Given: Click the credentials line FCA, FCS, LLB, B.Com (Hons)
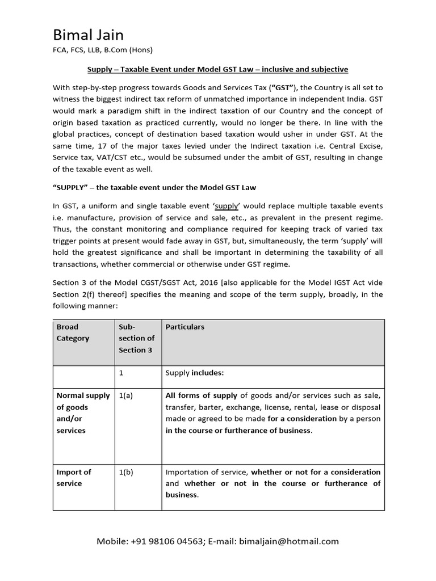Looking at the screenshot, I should click(x=102, y=49).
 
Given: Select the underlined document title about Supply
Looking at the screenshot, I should click(x=217, y=69).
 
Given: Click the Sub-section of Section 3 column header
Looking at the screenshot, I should click(x=136, y=338).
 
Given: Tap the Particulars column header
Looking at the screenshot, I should click(x=185, y=327).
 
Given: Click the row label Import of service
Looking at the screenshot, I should click(x=74, y=478).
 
